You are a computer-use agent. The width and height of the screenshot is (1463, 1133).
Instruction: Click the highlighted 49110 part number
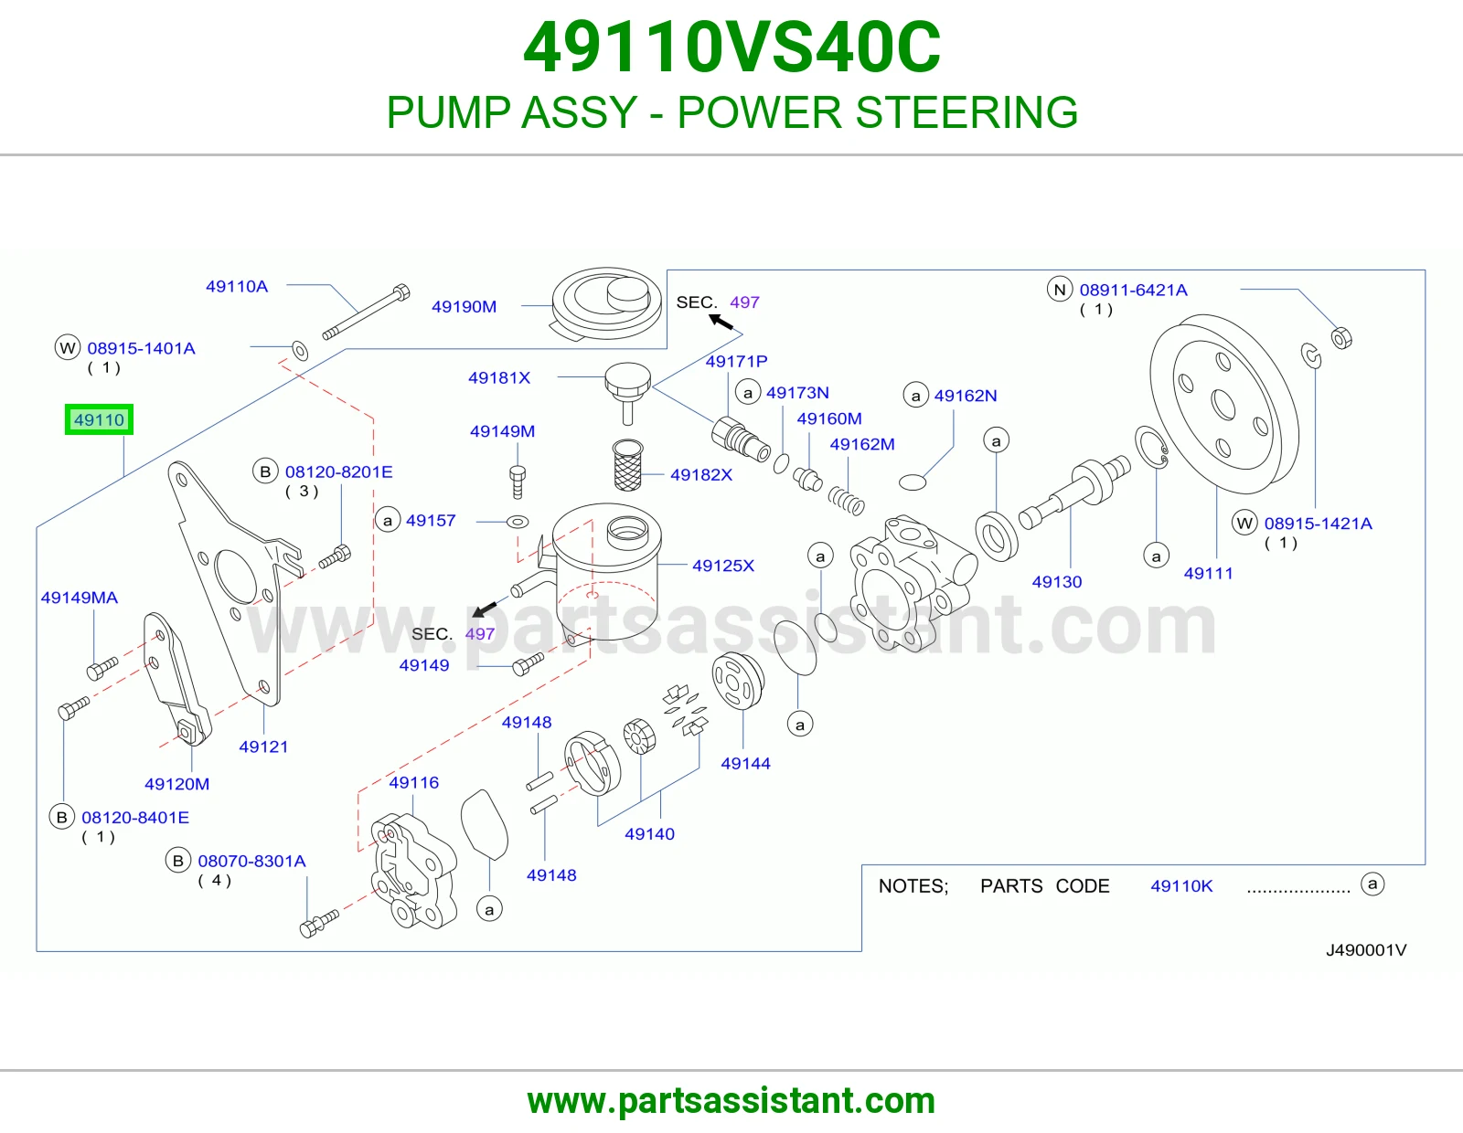99,419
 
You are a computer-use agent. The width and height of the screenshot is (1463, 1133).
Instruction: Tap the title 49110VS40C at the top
731,48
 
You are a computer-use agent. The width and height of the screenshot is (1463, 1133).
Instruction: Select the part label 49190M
464,307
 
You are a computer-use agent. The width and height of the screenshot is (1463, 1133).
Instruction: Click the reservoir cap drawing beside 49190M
606,303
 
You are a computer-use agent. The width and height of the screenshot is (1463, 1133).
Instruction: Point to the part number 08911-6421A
1133,290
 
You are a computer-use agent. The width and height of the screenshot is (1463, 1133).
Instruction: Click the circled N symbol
1060,290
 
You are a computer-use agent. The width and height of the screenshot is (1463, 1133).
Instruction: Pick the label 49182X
700,475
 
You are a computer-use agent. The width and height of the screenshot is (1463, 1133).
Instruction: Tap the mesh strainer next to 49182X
627,465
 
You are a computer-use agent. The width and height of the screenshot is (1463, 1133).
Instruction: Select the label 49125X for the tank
723,566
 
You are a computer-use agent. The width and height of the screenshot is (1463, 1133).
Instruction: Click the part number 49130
1057,582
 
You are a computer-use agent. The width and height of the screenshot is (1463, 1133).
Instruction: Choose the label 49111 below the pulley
1209,573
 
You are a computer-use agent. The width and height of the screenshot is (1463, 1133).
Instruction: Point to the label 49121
263,747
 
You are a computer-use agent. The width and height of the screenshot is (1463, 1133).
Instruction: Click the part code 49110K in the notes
1181,886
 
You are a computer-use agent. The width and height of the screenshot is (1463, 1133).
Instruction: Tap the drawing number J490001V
1366,950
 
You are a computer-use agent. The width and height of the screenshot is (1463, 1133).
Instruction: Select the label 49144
745,764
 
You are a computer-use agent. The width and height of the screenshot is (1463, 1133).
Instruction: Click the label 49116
413,782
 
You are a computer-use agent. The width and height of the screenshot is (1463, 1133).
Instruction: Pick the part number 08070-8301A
251,862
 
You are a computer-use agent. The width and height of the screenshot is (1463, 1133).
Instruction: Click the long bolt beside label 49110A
366,312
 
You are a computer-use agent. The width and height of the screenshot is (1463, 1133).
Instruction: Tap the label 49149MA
80,598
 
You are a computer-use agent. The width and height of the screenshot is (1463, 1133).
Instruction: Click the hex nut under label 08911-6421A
1341,338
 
